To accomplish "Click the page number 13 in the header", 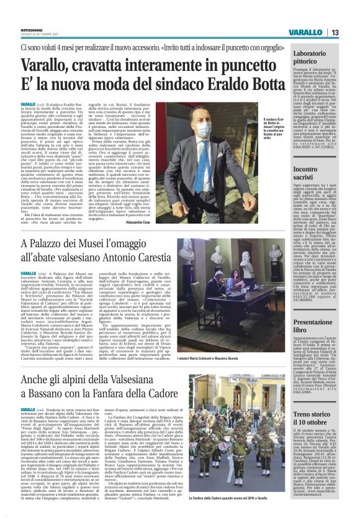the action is tap(334, 32).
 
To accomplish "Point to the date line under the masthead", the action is tap(37, 34).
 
